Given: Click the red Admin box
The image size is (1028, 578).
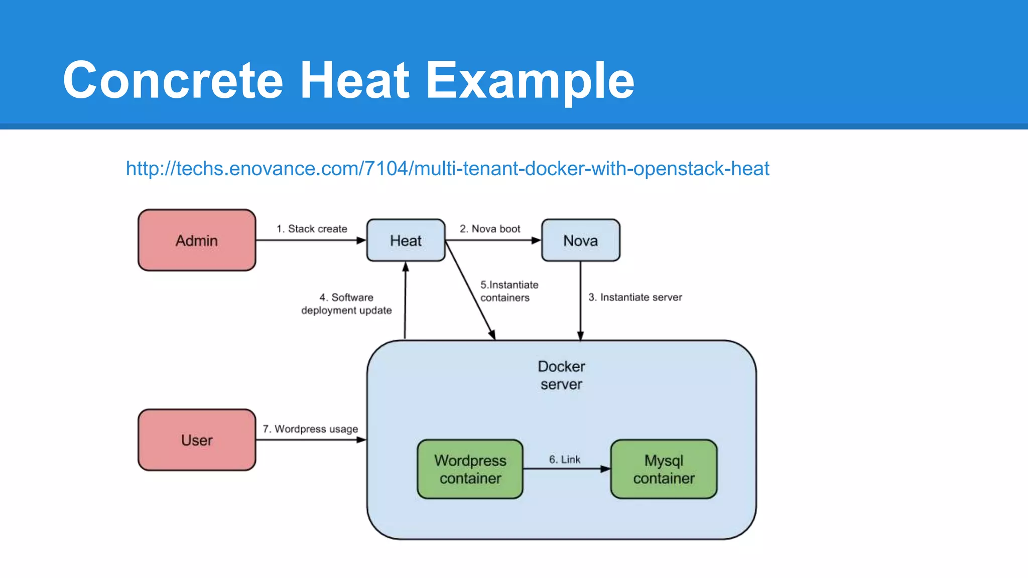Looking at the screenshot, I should tap(197, 240).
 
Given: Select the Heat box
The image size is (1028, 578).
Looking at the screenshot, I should tap(406, 240).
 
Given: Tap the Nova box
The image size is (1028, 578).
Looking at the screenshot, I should tap(580, 240).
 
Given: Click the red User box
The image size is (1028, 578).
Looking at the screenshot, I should tap(197, 440).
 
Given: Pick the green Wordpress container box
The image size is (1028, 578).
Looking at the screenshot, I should tap(470, 469).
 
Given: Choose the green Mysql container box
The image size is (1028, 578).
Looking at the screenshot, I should tap(664, 469).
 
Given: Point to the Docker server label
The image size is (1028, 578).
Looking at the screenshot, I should tap(561, 375).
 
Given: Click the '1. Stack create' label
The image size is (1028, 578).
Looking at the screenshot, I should tap(312, 229).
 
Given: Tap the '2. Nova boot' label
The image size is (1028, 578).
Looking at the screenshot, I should tap(490, 229).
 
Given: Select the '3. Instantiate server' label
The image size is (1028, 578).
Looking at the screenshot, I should tap(635, 297).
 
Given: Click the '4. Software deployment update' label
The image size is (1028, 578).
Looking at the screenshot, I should tap(346, 304).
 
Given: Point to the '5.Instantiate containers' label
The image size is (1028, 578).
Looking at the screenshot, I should tap(508, 291).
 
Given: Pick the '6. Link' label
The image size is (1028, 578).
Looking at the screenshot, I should tap(564, 459).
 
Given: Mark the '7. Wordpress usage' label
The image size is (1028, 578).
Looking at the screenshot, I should tap(310, 429).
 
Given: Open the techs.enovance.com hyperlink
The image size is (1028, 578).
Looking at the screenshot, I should tap(447, 169).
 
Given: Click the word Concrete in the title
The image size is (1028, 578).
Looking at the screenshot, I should tap(173, 80).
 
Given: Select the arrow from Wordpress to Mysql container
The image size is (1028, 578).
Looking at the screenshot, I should tap(566, 469).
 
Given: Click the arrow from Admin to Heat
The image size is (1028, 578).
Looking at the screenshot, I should tap(311, 240).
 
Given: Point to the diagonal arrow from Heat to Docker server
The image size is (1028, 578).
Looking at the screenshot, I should tap(470, 290).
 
